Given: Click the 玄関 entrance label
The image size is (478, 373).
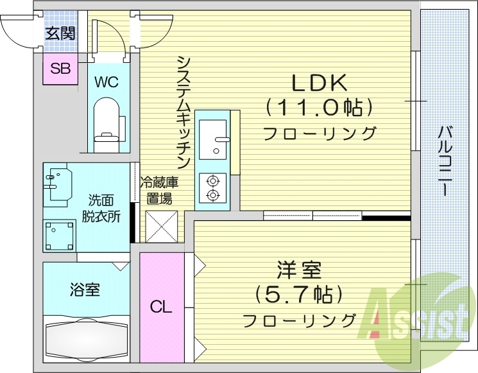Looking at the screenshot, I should tap(60, 32).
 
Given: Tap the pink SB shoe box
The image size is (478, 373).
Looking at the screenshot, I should tap(60, 69).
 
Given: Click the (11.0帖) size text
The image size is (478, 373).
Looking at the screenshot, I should tap(319, 107).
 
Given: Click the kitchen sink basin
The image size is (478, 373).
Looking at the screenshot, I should tap(212, 139).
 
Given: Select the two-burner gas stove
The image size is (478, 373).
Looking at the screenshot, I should tap(212, 186).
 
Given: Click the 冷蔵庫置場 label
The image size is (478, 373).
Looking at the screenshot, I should tap(159, 189).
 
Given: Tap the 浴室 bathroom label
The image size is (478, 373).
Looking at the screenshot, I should tap(85, 290).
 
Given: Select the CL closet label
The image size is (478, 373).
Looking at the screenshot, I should tap(161, 307).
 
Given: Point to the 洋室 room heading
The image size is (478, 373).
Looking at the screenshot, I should tap(299, 270).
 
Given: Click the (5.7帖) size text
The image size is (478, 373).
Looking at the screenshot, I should tap(299, 295).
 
